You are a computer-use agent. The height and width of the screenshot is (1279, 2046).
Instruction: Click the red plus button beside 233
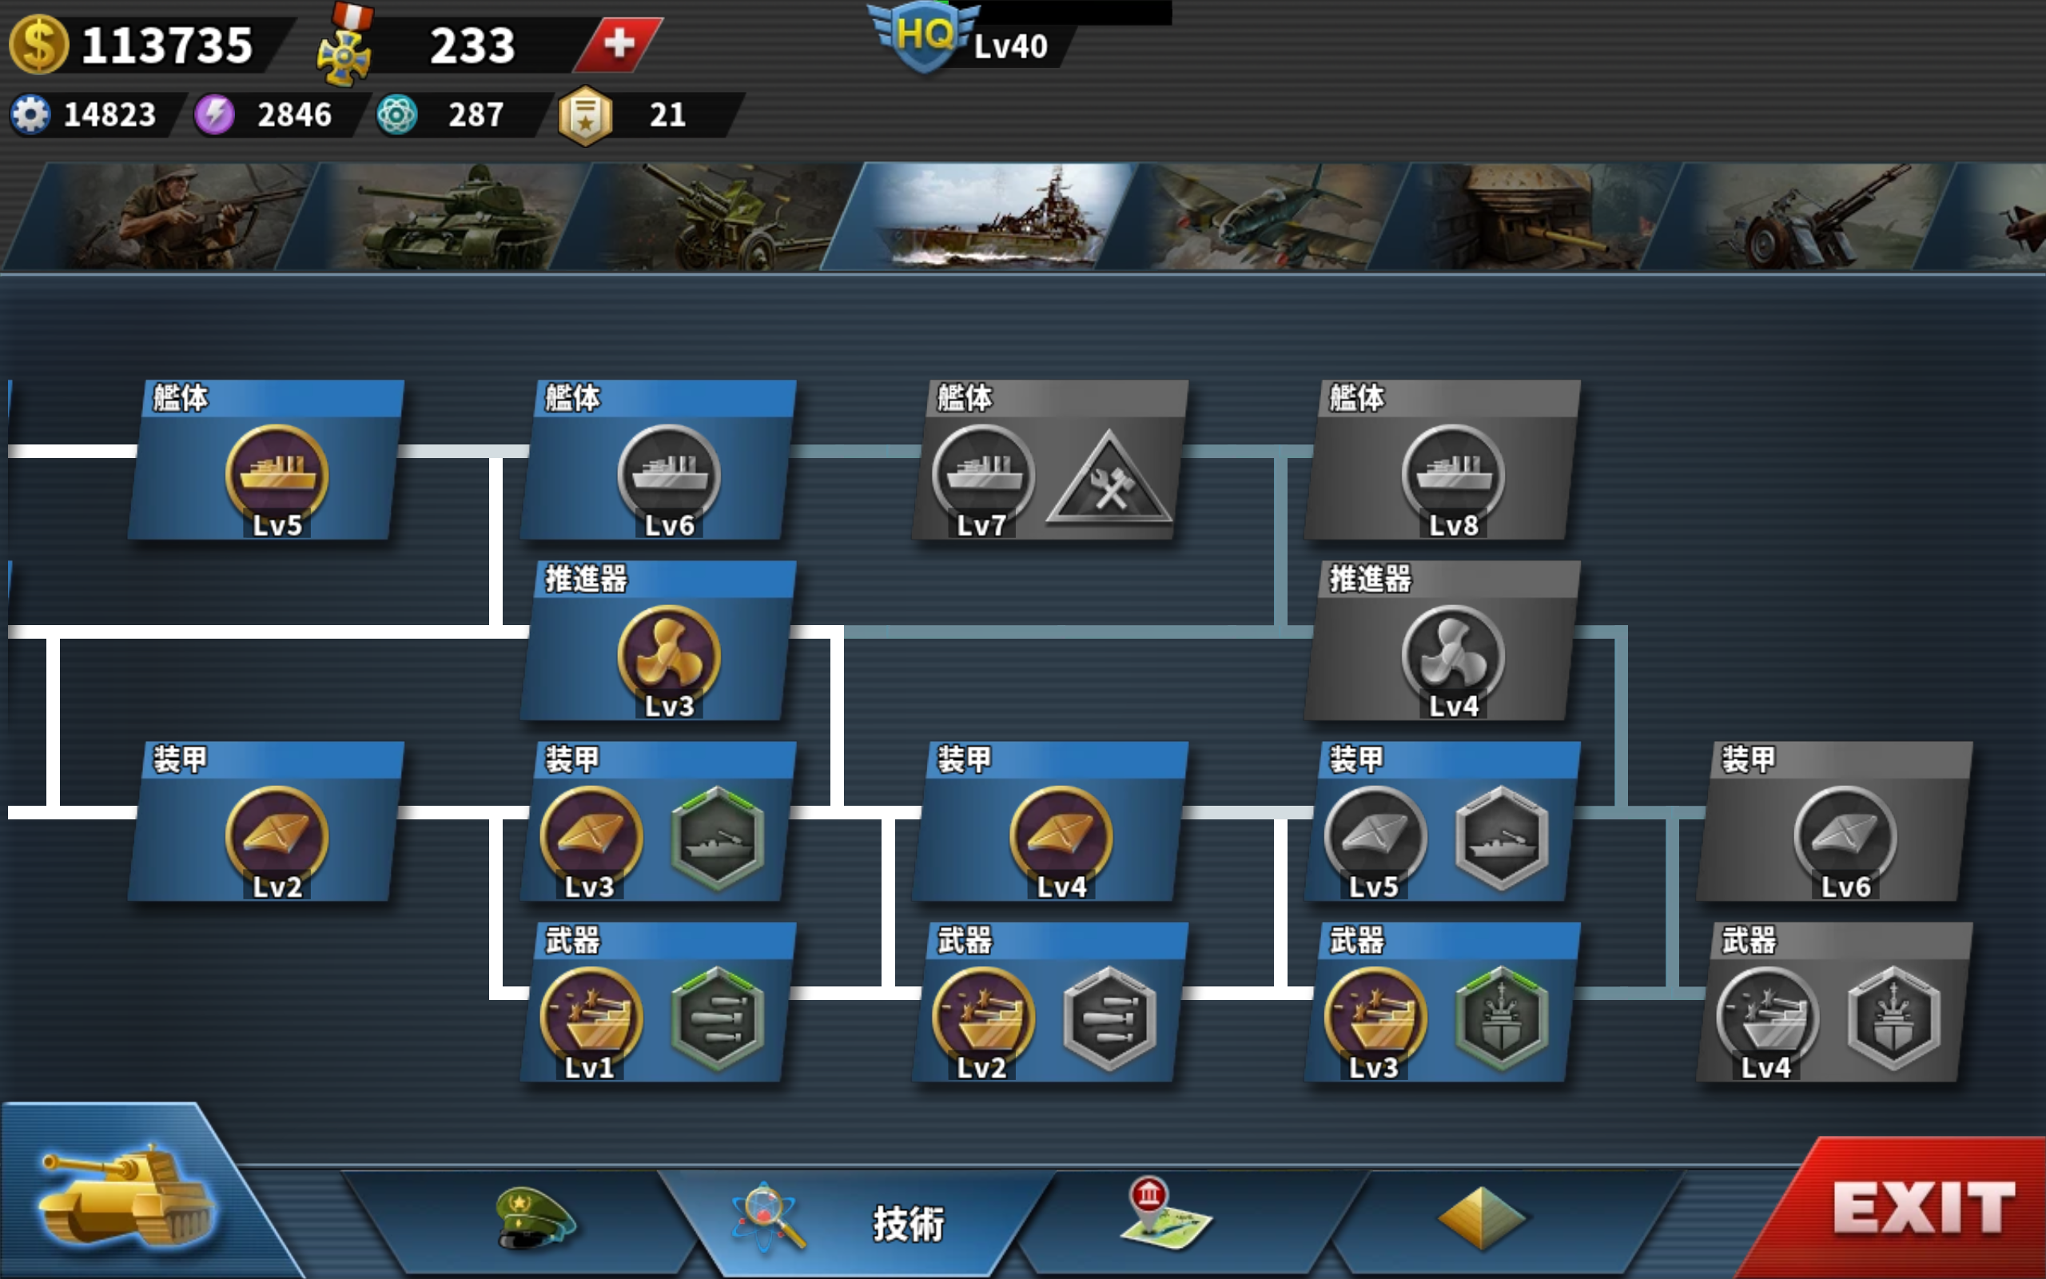click(619, 44)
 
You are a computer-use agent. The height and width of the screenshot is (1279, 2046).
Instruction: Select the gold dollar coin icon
click(38, 45)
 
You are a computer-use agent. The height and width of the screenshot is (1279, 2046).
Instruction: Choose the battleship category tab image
click(981, 217)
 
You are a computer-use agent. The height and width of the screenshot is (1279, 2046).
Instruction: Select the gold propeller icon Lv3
click(669, 655)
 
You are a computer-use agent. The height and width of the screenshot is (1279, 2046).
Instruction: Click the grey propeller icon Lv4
click(1452, 655)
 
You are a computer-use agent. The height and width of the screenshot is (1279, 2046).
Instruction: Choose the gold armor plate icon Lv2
click(277, 836)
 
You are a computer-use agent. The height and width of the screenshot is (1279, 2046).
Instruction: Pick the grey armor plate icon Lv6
click(1845, 836)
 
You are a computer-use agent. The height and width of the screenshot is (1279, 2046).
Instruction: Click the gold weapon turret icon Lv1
click(591, 1017)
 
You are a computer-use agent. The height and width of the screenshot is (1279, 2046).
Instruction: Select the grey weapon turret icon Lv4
click(1767, 1017)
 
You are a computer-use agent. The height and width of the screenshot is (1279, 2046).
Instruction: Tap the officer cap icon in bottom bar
click(532, 1218)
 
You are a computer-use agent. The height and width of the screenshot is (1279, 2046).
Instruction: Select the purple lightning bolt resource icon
click(215, 114)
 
